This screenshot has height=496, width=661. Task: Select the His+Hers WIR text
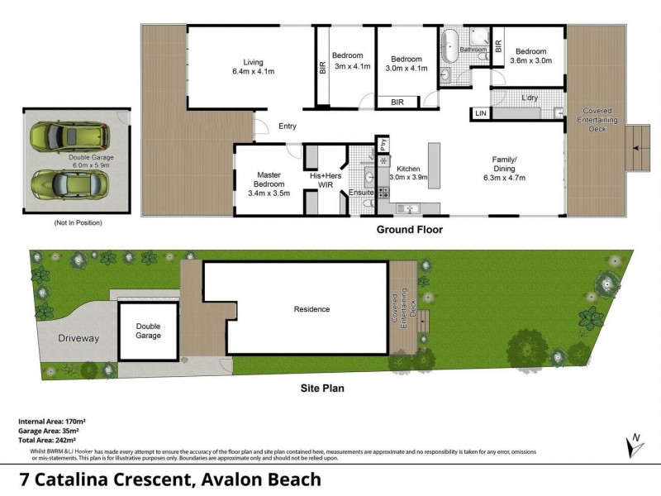(x=326, y=179)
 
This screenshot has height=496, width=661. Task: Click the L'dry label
(x=530, y=98)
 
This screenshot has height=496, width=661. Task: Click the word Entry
(x=287, y=126)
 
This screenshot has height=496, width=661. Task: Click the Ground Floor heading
(x=409, y=229)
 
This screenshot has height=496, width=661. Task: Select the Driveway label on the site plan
(x=78, y=338)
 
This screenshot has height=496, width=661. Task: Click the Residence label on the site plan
(x=311, y=309)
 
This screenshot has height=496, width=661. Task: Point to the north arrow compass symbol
(x=633, y=446)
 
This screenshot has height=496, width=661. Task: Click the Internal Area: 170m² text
(x=51, y=422)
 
